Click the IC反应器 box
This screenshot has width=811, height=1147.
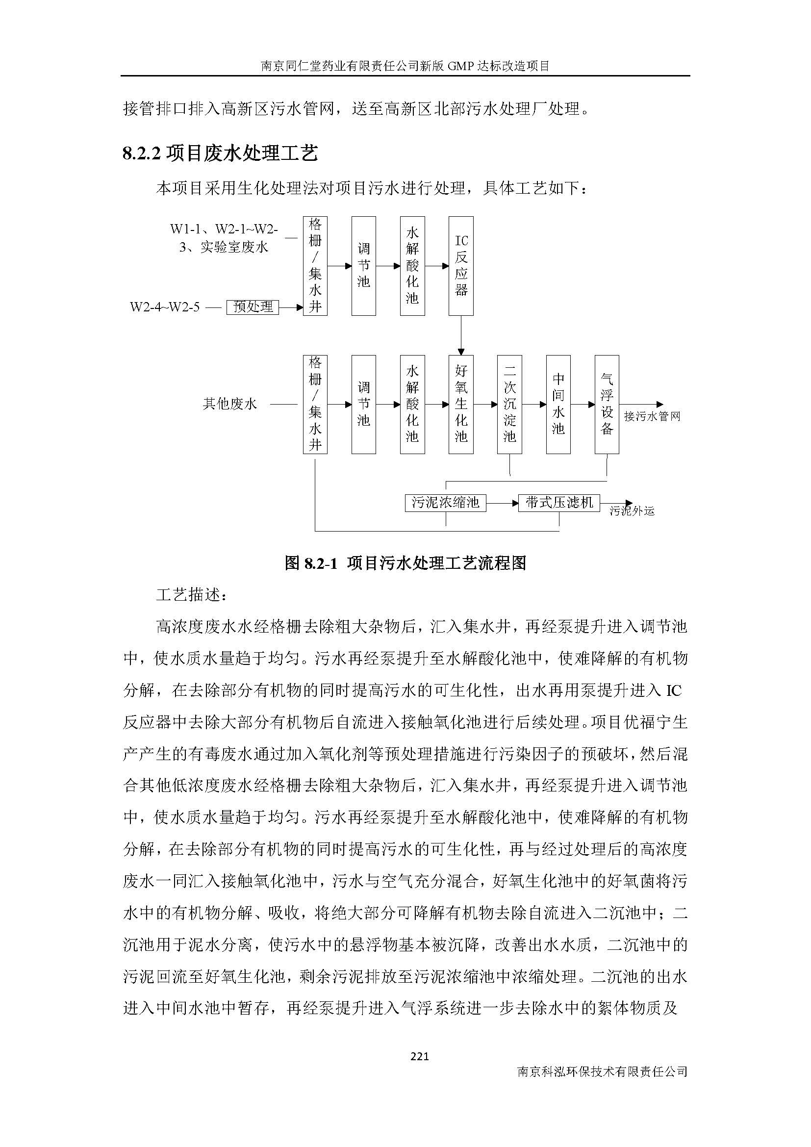click(x=460, y=266)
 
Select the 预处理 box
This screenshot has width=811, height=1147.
click(x=253, y=306)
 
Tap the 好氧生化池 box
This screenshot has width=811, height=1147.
click(x=460, y=404)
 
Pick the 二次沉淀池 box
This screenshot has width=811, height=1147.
click(x=509, y=404)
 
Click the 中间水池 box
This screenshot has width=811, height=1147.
click(x=558, y=404)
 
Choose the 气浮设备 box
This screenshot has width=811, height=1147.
click(x=607, y=404)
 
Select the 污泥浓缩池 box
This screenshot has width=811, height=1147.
click(x=445, y=502)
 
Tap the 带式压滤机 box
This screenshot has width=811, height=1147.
click(x=559, y=502)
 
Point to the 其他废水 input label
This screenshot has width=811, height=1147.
click(x=229, y=404)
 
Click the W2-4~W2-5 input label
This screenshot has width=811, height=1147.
click(x=165, y=306)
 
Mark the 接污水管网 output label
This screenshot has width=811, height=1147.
click(x=652, y=416)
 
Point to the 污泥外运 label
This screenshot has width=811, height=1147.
click(x=632, y=511)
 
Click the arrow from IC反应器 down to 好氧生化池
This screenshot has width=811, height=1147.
click(x=460, y=335)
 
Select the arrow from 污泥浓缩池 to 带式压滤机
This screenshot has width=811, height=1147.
click(x=502, y=503)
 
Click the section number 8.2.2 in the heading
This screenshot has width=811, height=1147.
click(x=141, y=153)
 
